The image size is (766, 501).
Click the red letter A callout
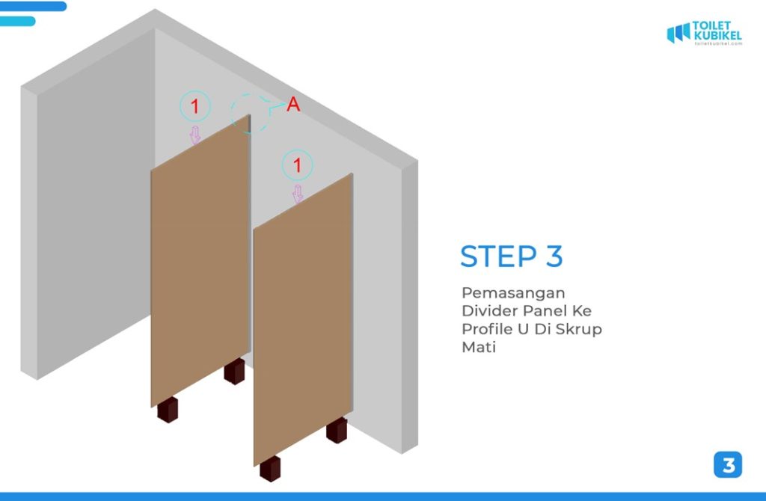pos(293,104)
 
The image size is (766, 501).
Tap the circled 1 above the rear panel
pos(195,106)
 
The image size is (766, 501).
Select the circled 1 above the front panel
pos(297,165)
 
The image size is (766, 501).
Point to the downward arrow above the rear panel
pos(195,135)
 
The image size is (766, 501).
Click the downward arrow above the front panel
pos(298,194)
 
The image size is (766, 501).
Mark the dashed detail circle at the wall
pos(232,114)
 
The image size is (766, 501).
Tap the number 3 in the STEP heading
pos(554,256)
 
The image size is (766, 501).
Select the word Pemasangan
pos(513,293)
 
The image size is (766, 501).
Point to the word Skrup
pos(578,330)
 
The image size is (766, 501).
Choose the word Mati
pos(479,347)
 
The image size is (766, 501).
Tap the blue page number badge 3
pos(728,465)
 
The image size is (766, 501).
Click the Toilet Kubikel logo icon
pos(678,33)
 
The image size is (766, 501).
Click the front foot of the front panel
pos(270,469)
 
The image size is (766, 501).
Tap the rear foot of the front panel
pos(337,430)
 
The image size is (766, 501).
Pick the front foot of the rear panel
pos(168,410)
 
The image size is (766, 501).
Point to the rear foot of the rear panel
pos(234,372)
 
